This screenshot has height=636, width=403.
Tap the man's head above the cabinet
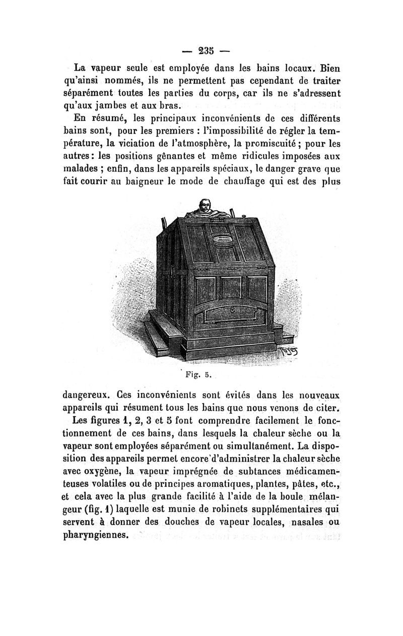point(204,206)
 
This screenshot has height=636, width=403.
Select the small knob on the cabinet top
point(244,217)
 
